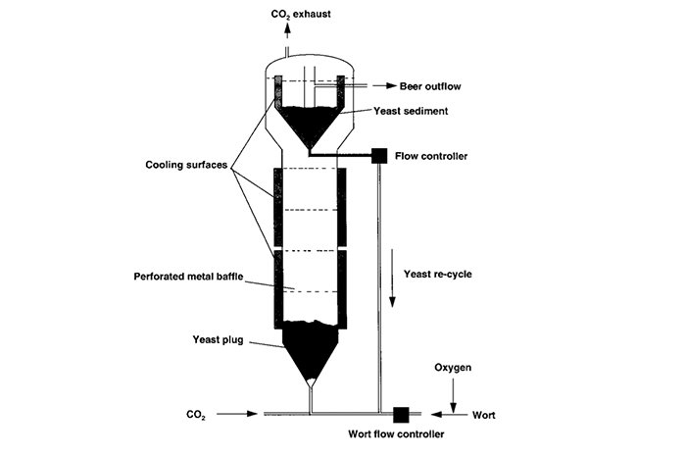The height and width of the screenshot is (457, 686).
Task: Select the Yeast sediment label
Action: pyautogui.click(x=413, y=111)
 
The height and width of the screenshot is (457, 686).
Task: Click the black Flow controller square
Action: pyautogui.click(x=378, y=155)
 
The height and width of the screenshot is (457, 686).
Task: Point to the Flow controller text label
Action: pyautogui.click(x=431, y=155)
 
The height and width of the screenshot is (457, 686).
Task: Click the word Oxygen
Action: pyautogui.click(x=453, y=369)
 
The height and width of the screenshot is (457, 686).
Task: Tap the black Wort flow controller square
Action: pyautogui.click(x=400, y=414)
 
